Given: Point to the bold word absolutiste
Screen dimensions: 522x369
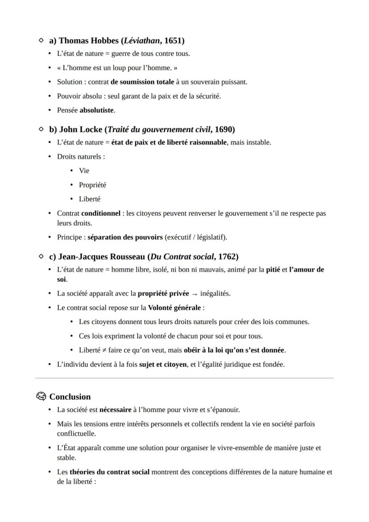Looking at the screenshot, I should click(x=97, y=110).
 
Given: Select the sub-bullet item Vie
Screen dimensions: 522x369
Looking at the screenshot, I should click(x=84, y=171).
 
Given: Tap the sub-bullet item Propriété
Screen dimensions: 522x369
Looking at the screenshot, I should click(x=92, y=185).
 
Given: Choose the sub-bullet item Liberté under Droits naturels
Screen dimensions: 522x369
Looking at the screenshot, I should click(x=89, y=199).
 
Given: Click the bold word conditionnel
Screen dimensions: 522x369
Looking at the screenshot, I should click(x=101, y=214).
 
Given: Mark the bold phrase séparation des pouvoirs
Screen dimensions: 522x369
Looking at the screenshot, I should click(x=125, y=237).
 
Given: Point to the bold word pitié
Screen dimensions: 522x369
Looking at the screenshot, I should click(x=273, y=270).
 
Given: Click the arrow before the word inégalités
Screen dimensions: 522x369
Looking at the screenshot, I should click(x=195, y=294).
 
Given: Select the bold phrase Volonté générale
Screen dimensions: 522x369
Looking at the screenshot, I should click(x=175, y=308).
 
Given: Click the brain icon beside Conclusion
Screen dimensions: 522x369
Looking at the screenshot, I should click(x=41, y=397).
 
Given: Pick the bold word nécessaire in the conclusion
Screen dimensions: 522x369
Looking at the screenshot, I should click(x=115, y=410).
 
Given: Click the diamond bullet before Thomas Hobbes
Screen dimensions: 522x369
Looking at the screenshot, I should click(x=41, y=41).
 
